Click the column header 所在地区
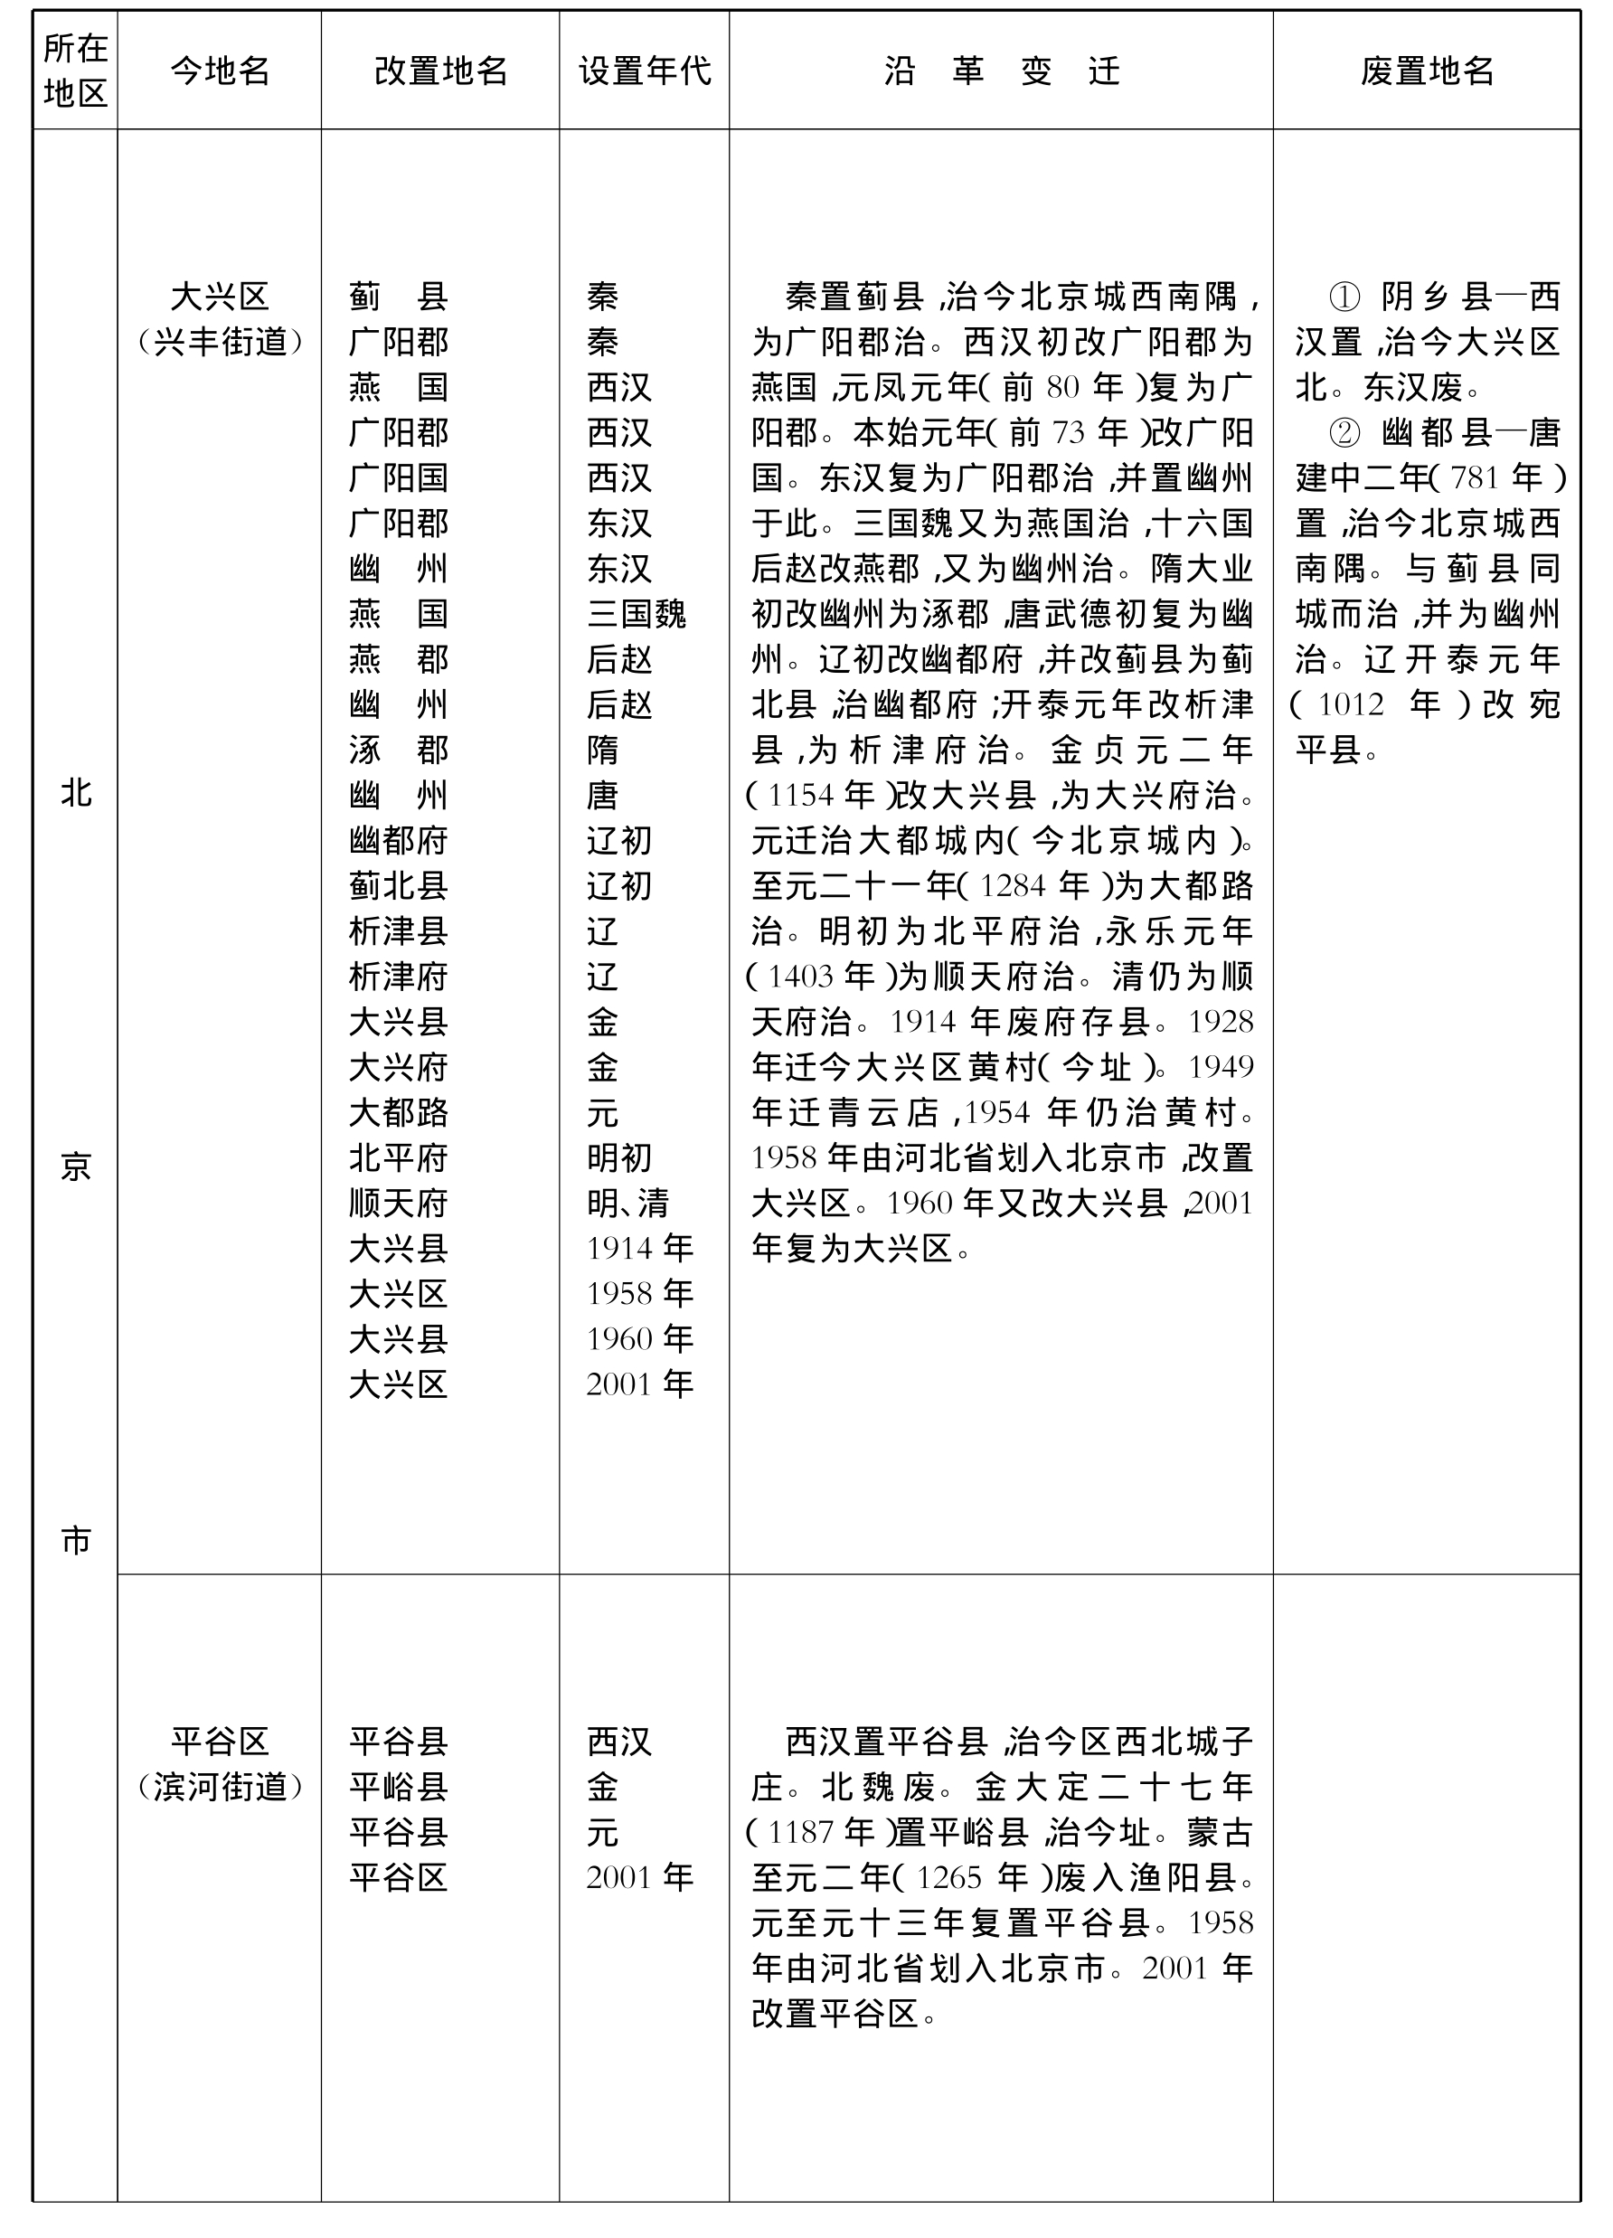tap(75, 70)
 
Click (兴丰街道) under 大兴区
tap(219, 342)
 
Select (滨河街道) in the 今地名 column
tap(219, 1786)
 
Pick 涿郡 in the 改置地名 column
tap(399, 750)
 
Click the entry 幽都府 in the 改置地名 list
tap(399, 841)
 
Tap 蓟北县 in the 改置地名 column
tap(399, 886)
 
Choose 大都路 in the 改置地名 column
tap(399, 1112)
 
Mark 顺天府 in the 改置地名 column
tap(399, 1203)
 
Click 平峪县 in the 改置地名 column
tap(399, 1786)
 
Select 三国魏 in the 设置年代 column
tap(637, 614)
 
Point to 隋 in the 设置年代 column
tap(603, 750)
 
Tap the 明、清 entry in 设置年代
tap(627, 1203)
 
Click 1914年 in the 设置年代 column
tap(639, 1248)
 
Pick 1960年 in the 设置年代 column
tap(639, 1339)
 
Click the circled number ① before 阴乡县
tap(1344, 296)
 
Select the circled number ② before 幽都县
tap(1344, 432)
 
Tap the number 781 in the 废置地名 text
tap(1475, 478)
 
